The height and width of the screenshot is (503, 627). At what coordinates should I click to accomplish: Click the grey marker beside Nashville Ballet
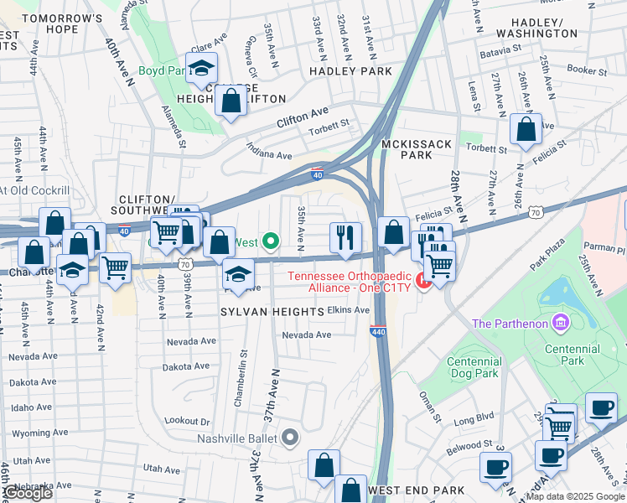point(289,437)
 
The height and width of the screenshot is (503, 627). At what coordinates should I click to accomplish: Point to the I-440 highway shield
point(377,331)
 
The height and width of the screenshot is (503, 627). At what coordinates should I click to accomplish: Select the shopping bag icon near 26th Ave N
point(526,130)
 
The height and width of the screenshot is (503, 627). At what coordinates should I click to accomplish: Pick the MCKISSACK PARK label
point(417,149)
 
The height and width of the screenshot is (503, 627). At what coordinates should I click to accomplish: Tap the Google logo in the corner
point(27,493)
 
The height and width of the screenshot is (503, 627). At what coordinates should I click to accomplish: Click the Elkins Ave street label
point(349,309)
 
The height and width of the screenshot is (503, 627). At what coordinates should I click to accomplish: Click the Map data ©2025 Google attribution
point(574,496)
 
